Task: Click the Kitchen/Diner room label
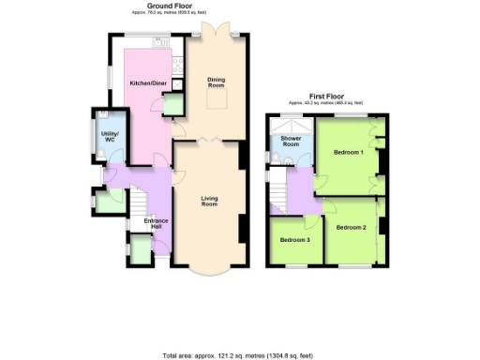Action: click(146, 83)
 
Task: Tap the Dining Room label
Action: click(217, 82)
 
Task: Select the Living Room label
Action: click(209, 201)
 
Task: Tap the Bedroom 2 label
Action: click(351, 227)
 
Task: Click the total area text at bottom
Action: click(240, 356)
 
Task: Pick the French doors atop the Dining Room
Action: click(217, 30)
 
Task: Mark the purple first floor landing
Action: click(303, 190)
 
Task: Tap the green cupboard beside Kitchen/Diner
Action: click(172, 107)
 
